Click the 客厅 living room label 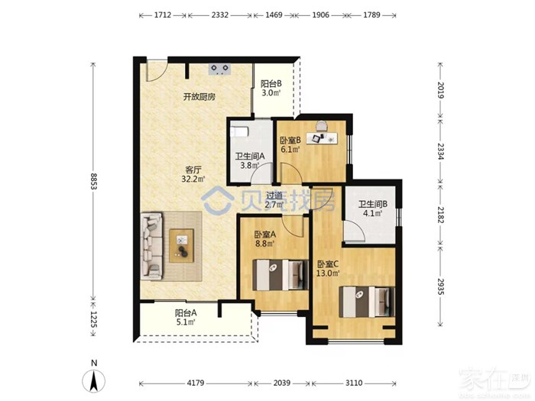point(193,170)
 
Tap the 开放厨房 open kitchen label point(199,97)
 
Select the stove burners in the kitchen point(219,69)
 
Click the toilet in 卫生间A point(238,132)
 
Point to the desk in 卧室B point(322,138)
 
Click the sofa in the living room point(152,246)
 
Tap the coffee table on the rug point(182,245)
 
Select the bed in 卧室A point(277,275)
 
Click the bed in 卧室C point(367,302)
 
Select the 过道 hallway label point(274,196)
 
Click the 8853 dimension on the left point(93,181)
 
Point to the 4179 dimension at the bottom point(196,383)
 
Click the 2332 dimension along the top point(220,15)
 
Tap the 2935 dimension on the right point(440,286)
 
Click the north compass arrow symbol point(93,380)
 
